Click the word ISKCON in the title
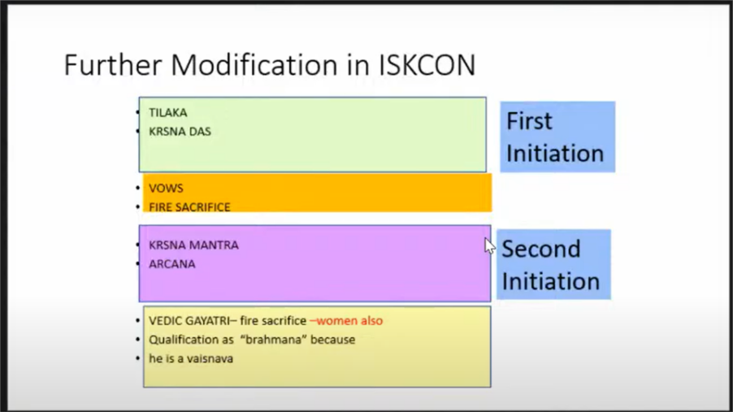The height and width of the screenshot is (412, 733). [x=427, y=65]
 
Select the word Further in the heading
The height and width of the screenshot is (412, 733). [x=113, y=65]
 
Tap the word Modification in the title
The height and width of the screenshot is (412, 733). [x=254, y=65]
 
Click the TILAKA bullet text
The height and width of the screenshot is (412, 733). [x=168, y=113]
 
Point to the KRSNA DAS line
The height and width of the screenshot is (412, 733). [x=180, y=132]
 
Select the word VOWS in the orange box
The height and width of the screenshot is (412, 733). [x=166, y=188]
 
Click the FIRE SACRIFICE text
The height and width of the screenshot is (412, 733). [x=189, y=206]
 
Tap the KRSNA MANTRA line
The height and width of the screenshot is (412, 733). [x=193, y=245]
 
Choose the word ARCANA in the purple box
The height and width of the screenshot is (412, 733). [x=172, y=264]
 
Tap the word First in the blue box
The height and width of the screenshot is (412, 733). [x=529, y=121]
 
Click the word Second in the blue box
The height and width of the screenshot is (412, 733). [x=541, y=249]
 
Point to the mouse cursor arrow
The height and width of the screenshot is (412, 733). [x=489, y=246]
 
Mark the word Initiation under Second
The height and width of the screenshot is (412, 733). [x=551, y=281]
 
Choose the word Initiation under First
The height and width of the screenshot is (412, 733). [x=555, y=154]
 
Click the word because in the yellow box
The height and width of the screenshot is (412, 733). [x=333, y=340]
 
